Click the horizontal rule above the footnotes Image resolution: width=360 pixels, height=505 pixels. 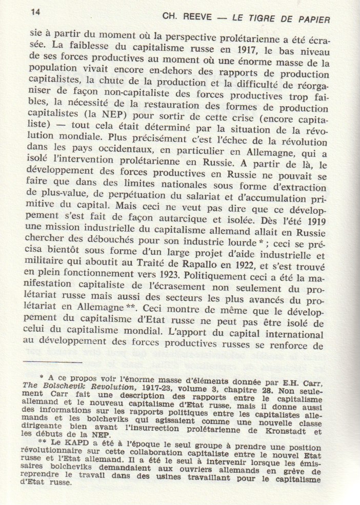[55, 362]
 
